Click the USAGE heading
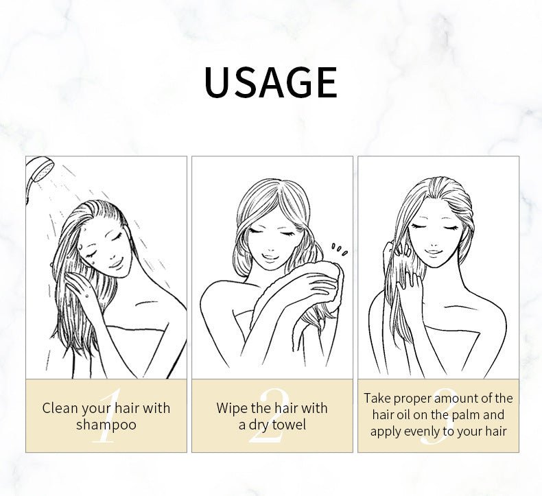pos(270,82)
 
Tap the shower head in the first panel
pos(38,172)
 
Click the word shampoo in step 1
pos(106,425)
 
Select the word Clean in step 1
pos(60,408)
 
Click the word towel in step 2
pos(289,425)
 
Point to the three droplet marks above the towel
pos(340,249)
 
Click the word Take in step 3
pos(377,398)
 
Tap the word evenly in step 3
pos(422,432)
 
